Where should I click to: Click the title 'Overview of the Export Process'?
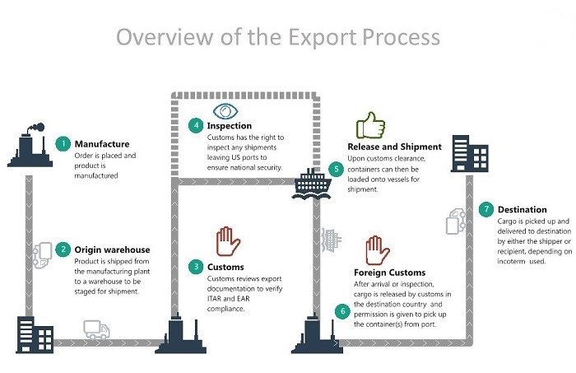click(x=278, y=38)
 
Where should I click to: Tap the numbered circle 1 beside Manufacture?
click(x=63, y=142)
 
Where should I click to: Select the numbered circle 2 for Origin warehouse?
click(x=63, y=249)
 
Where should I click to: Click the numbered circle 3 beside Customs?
click(x=196, y=267)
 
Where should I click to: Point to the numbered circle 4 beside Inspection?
click(x=196, y=126)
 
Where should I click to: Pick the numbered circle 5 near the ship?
click(x=335, y=169)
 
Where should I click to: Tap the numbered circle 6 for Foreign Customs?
click(x=342, y=310)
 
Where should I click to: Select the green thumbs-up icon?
click(x=370, y=126)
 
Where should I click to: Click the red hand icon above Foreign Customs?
click(x=377, y=251)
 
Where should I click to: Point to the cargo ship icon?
click(x=313, y=183)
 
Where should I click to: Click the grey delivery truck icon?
click(x=95, y=331)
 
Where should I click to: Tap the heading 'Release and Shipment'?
click(x=395, y=147)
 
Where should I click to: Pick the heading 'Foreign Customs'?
click(x=389, y=273)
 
